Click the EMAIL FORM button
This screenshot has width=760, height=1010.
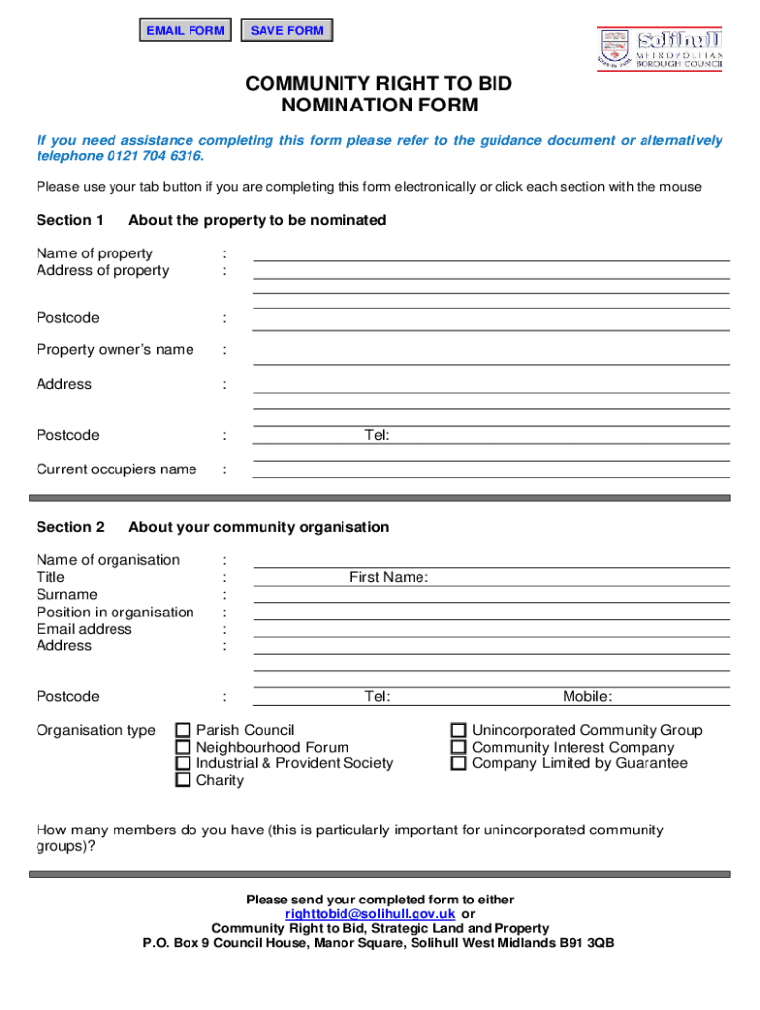(x=186, y=31)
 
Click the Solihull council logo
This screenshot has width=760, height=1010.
(x=659, y=48)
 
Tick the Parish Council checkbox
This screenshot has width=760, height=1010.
(x=183, y=731)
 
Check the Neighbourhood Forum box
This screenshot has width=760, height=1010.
(x=183, y=748)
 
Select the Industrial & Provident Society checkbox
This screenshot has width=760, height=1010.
(x=183, y=763)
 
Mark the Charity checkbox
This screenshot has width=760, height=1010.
(x=183, y=780)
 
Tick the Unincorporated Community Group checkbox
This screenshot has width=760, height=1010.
(x=458, y=731)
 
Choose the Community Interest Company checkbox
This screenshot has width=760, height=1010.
(x=458, y=748)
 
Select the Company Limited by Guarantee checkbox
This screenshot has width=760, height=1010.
(x=458, y=763)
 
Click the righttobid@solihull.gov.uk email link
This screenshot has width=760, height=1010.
(x=370, y=914)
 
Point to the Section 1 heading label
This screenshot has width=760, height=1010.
(x=70, y=220)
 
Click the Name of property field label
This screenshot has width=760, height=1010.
(x=95, y=253)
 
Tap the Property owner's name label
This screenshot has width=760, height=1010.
(x=114, y=350)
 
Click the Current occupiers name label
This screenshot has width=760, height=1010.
(x=116, y=469)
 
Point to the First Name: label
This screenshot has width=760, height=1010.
(x=389, y=577)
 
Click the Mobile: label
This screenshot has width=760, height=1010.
(x=587, y=697)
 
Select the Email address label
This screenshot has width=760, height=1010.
(x=84, y=629)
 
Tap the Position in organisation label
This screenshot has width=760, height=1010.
(x=115, y=613)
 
